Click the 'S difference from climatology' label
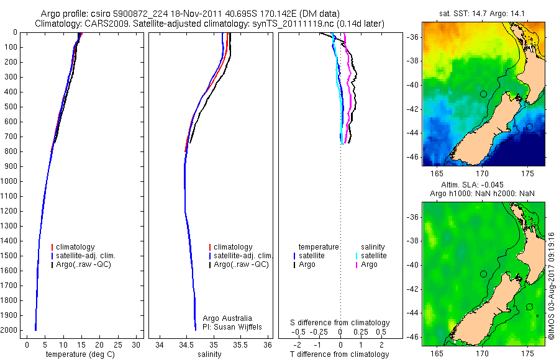click(x=340, y=323)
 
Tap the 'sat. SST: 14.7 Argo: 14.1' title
click(x=483, y=13)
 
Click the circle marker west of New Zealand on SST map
click(x=483, y=94)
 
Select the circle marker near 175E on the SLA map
click(x=529, y=307)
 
